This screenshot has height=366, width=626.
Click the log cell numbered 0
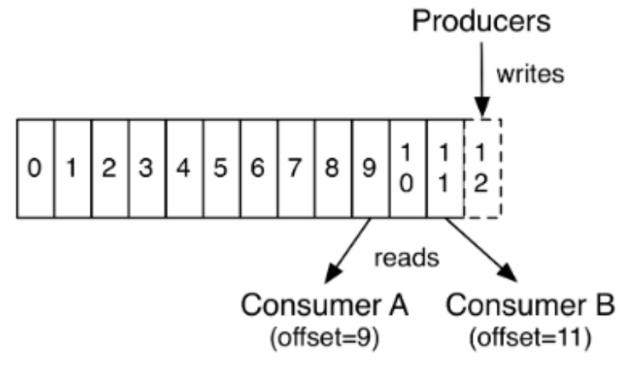click(x=35, y=169)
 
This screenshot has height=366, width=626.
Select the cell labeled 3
click(x=147, y=169)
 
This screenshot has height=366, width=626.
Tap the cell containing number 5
click(x=222, y=169)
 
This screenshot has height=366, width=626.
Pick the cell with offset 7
click(x=297, y=169)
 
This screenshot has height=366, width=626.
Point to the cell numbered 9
click(x=371, y=169)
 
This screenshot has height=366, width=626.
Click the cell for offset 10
click(x=408, y=169)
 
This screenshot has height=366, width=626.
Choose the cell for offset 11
click(x=446, y=169)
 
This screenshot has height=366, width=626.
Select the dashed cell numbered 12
click(x=483, y=169)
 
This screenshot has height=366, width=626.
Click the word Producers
click(x=481, y=21)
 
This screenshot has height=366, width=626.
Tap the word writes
click(x=530, y=74)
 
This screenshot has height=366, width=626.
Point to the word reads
click(x=406, y=258)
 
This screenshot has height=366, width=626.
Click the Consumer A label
click(x=325, y=305)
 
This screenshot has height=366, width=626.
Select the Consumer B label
click(x=530, y=305)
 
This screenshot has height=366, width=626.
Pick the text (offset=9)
click(x=325, y=338)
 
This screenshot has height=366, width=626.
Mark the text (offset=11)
click(x=530, y=338)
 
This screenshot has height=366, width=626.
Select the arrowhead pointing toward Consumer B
click(x=508, y=273)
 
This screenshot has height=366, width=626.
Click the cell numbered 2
click(x=110, y=169)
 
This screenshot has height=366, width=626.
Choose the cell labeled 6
click(x=259, y=169)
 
